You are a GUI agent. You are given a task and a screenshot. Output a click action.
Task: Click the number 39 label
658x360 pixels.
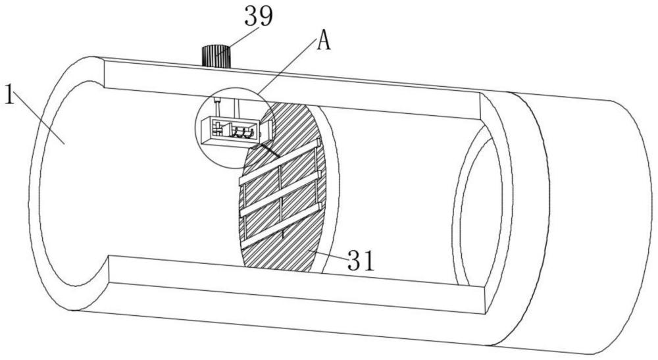[259, 16]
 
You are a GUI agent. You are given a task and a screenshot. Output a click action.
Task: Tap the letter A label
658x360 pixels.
[324, 41]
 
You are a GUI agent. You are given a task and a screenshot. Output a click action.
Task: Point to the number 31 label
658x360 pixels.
[361, 261]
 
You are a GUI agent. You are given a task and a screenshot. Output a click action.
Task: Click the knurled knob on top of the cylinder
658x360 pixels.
[216, 56]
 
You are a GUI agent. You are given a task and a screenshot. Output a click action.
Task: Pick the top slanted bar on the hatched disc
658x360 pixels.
[280, 162]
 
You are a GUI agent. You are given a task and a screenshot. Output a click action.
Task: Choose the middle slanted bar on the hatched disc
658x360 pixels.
[280, 193]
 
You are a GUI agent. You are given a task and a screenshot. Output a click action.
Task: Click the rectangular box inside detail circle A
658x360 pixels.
[230, 131]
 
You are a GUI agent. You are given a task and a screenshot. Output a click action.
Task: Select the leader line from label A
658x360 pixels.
[288, 64]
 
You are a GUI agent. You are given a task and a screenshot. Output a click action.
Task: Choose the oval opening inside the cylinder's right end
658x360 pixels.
[478, 208]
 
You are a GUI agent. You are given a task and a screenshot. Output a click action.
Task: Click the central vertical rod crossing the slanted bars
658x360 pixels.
[281, 197]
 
